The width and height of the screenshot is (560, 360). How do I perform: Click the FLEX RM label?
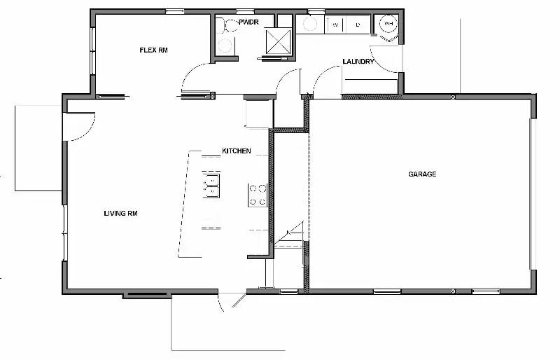pyautogui.click(x=153, y=50)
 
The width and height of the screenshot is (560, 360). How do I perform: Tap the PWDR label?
pyautogui.click(x=249, y=23)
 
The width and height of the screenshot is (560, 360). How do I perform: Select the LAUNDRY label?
pyautogui.click(x=358, y=62)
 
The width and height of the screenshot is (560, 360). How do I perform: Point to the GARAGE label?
pyautogui.click(x=422, y=174)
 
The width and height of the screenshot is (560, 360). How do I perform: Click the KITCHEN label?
pyautogui.click(x=236, y=151)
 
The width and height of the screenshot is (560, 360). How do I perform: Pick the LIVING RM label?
pyautogui.click(x=120, y=214)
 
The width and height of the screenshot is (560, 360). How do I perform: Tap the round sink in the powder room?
pyautogui.click(x=225, y=46)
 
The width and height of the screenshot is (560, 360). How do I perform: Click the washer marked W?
pyautogui.click(x=335, y=25)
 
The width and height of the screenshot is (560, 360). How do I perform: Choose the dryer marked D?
pyautogui.click(x=358, y=25)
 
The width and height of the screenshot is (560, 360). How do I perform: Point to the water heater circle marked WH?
pyautogui.click(x=388, y=25)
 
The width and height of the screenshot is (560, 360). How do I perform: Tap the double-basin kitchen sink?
pyautogui.click(x=211, y=185)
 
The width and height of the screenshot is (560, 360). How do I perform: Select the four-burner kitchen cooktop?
pyautogui.click(x=258, y=195)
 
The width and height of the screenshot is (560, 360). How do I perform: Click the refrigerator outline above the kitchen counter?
pyautogui.click(x=258, y=114)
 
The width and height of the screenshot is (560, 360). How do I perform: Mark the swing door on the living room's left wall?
pyautogui.click(x=78, y=126)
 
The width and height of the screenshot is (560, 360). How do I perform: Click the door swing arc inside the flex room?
pyautogui.click(x=195, y=77)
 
